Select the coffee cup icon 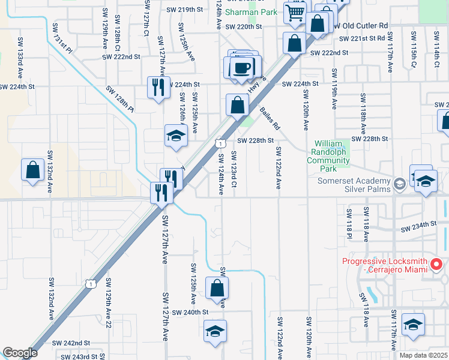point(243,67)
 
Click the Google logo point(20,353)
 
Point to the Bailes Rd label point(270,118)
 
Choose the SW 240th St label point(190,313)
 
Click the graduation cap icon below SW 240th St point(215,331)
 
